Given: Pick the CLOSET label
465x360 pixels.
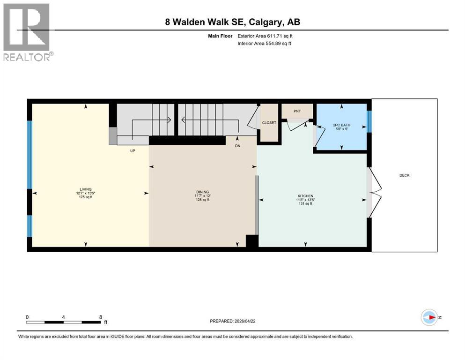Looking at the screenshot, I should [x=269, y=123].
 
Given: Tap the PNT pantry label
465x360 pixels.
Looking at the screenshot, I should [x=297, y=111].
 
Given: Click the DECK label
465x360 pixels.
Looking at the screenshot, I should [x=404, y=175].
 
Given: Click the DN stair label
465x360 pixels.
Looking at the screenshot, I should [x=237, y=146].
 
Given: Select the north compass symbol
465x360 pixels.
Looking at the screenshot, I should [x=428, y=317].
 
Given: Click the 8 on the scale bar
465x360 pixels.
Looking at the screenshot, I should [x=101, y=317].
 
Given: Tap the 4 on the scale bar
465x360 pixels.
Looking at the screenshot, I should [x=63, y=317].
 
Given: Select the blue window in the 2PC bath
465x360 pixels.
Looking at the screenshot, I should [x=369, y=121].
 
